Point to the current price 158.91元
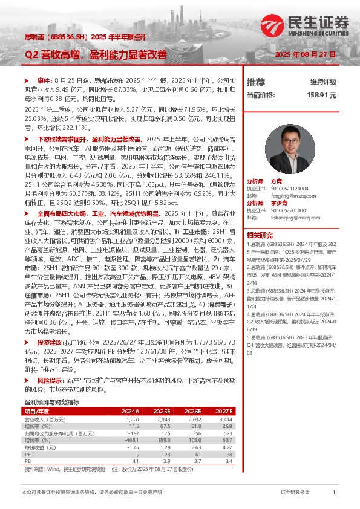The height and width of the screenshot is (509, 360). [x=321, y=95]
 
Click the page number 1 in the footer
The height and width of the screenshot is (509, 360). [x=334, y=493]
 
